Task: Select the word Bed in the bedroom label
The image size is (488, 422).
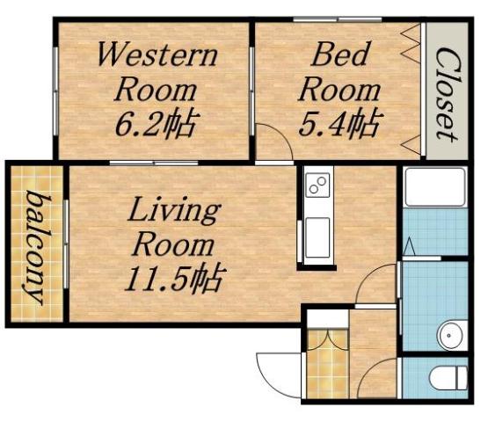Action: coord(334,56)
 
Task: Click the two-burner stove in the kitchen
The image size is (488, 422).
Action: coord(317,187)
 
